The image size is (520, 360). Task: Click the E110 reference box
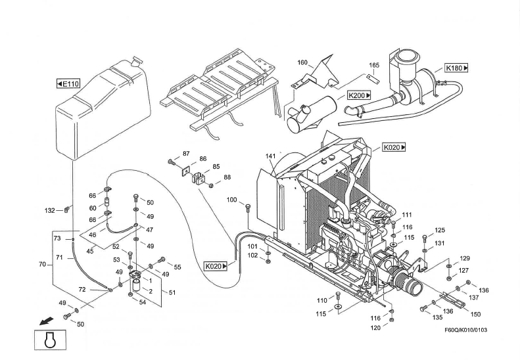68,83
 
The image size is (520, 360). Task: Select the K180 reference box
456,68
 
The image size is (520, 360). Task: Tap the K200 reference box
359,95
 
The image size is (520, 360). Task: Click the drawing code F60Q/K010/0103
465,330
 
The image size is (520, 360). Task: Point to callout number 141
271,156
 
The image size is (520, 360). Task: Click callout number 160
302,62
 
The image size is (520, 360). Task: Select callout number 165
374,65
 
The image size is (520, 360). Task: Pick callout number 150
475,314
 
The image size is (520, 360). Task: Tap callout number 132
50,210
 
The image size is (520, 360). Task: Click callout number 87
187,154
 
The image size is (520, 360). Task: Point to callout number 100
232,200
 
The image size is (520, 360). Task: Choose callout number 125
440,230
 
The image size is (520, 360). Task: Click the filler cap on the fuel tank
136,60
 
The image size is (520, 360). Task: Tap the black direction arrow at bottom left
46,321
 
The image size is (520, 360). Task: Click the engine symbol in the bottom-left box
50,340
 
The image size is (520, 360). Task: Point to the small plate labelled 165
370,77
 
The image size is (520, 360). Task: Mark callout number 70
42,264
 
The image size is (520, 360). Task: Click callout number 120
376,328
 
